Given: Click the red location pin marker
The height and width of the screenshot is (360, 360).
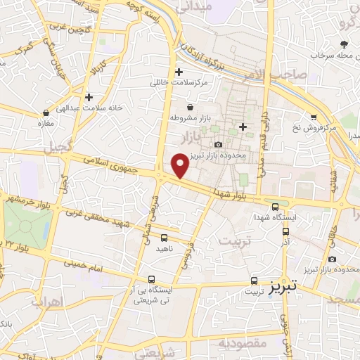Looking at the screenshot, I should (x=180, y=166).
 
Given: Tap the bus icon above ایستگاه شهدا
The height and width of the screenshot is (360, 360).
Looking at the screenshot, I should (x=276, y=207).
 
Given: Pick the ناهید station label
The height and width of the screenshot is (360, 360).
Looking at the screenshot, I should (x=164, y=249).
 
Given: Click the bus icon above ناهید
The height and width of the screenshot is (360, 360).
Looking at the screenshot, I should (x=164, y=238).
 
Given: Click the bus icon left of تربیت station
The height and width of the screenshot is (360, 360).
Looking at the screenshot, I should (x=253, y=279).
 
